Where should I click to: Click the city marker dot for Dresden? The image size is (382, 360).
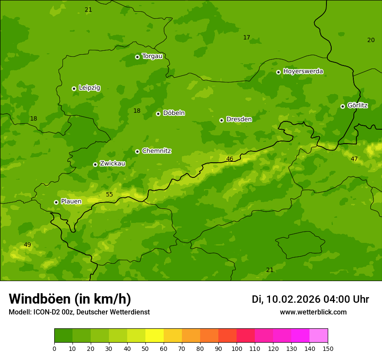[221, 120]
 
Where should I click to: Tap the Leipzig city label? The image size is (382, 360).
[89, 88]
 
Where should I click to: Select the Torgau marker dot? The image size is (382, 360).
[137, 57]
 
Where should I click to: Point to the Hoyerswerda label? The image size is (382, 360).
[303, 71]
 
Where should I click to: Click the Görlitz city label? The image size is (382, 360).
[358, 105]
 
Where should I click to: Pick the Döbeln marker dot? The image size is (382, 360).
[158, 114]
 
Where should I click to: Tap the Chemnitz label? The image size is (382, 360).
[157, 151]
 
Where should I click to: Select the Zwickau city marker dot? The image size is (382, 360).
[95, 164]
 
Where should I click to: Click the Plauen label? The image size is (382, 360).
[71, 201]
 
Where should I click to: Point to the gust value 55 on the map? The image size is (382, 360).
[109, 194]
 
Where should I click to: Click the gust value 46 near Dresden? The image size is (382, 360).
[230, 159]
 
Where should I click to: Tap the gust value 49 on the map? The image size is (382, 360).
[27, 245]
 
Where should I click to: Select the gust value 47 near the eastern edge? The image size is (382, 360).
[354, 159]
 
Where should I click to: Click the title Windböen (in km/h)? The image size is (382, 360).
[70, 299]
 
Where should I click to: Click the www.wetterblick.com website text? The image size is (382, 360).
[313, 312]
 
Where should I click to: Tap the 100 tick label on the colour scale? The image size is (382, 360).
[237, 348]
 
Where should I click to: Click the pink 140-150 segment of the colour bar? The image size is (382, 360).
[319, 336]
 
